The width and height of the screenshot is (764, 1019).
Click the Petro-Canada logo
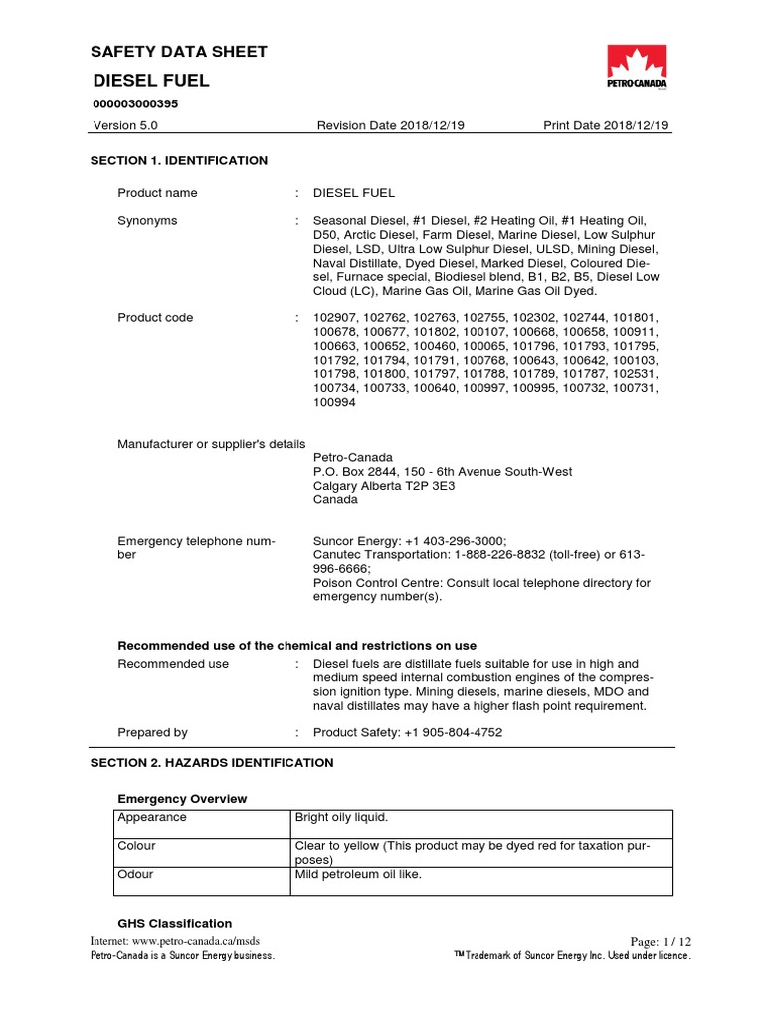638,69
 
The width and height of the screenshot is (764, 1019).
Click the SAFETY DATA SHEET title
179,52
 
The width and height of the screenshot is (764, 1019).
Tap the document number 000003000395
135,103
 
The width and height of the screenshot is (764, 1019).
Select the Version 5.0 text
124,125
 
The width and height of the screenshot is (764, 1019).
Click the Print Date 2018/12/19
606,125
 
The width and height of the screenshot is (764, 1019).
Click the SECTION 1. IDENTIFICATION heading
179,160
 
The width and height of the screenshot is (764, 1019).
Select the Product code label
155,318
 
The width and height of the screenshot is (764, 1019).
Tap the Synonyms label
147,220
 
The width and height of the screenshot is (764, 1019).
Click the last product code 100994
334,404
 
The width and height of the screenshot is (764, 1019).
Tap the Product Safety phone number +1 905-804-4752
451,732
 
